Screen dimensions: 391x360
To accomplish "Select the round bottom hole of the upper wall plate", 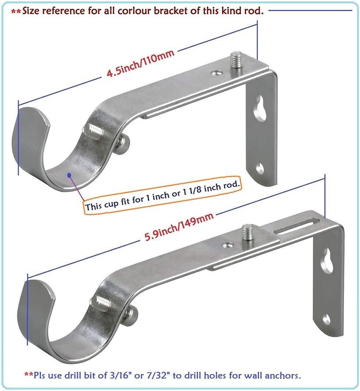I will [x=261, y=168].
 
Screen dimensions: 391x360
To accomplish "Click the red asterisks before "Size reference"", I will [x=16, y=12].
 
